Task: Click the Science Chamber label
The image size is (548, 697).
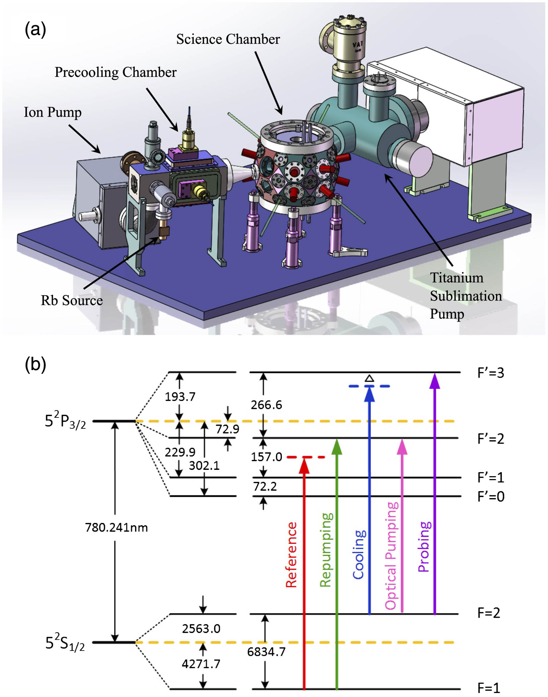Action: click(228, 39)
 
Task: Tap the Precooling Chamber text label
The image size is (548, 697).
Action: click(115, 72)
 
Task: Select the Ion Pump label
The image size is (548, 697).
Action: click(52, 112)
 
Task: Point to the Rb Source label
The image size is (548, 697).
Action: click(72, 300)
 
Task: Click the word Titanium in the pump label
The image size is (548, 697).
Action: click(457, 278)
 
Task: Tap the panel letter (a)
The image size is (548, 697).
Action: click(35, 30)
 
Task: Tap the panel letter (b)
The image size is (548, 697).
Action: click(35, 365)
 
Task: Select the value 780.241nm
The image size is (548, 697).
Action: click(116, 528)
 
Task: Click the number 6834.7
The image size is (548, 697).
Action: click(266, 652)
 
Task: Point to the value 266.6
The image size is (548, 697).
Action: click(266, 405)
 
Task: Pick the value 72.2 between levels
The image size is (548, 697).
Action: click(265, 486)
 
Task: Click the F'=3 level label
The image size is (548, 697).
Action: click(491, 373)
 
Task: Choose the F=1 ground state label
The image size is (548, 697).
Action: click(488, 688)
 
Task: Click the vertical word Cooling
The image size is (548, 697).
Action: click(359, 555)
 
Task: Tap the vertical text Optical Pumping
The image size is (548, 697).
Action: click(392, 556)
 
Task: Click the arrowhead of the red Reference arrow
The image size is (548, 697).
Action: click(304, 466)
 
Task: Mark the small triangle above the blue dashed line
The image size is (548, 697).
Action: click(369, 378)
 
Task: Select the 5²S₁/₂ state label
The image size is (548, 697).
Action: click(65, 643)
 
